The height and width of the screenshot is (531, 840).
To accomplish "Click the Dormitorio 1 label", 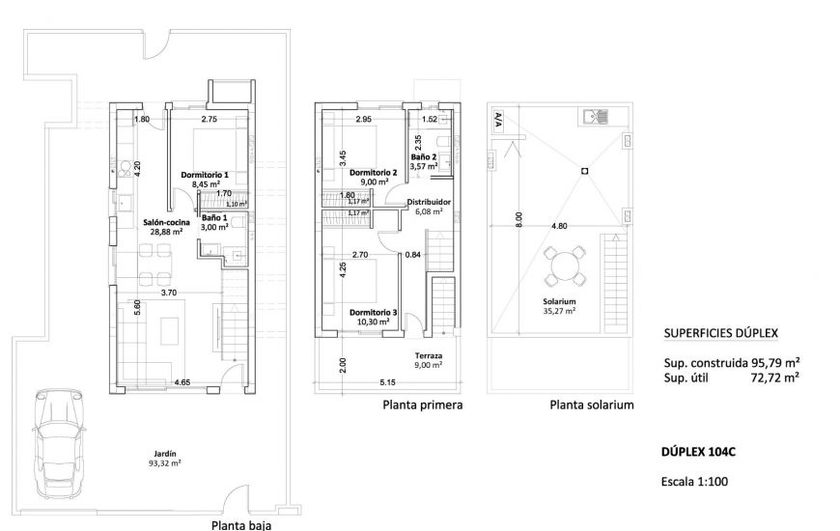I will click(x=204, y=175).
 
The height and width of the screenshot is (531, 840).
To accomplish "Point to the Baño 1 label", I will click(x=214, y=218).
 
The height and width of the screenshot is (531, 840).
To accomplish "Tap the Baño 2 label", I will click(x=424, y=156).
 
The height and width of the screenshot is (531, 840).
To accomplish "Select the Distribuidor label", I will click(x=424, y=203).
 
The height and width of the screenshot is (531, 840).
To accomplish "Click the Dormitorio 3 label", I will click(x=373, y=312).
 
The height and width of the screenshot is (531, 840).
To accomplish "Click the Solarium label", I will click(x=559, y=301).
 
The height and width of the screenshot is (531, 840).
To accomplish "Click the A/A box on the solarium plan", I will click(x=497, y=120).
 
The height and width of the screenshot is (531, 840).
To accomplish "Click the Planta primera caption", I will click(x=423, y=405).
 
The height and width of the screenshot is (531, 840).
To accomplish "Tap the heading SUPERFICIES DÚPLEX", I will click(x=721, y=335).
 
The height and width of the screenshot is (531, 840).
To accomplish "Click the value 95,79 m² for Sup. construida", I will click(x=775, y=363).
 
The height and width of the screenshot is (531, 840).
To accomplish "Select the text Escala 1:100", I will click(x=702, y=480).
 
